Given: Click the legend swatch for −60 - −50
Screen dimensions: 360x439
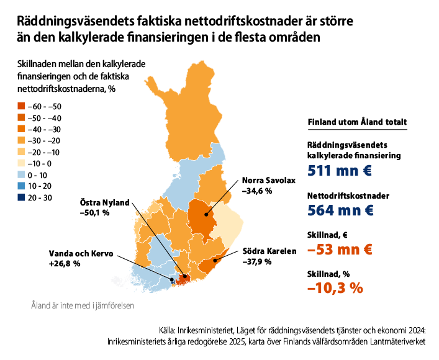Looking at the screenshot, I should pyautogui.click(x=21, y=107).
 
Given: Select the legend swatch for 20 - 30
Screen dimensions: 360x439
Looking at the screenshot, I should pyautogui.click(x=21, y=197).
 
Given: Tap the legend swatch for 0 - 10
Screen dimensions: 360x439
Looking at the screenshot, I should pyautogui.click(x=21, y=174).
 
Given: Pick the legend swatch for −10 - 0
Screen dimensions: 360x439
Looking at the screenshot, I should pyautogui.click(x=21, y=163).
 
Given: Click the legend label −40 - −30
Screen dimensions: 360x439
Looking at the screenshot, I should pyautogui.click(x=44, y=129).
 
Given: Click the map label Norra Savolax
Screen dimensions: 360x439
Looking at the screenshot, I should pyautogui.click(x=269, y=181).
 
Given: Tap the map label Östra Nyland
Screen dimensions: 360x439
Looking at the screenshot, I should pyautogui.click(x=104, y=202).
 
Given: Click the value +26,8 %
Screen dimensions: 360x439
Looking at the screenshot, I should pyautogui.click(x=64, y=264).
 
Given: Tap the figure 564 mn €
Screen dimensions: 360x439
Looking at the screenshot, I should pyautogui.click(x=340, y=210).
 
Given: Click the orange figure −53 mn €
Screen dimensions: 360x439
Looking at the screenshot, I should pyautogui.click(x=340, y=250).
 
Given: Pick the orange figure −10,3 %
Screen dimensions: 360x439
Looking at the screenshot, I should pyautogui.click(x=335, y=288).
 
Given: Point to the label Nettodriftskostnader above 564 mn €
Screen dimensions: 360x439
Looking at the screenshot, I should pyautogui.click(x=348, y=196).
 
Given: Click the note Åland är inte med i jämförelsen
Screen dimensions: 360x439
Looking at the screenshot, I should pyautogui.click(x=82, y=305).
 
